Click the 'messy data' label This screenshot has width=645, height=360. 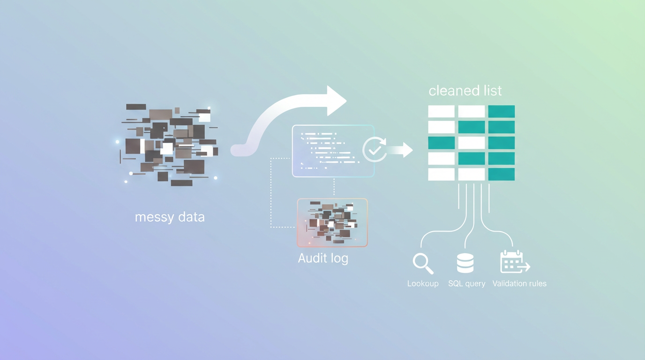pyautogui.click(x=170, y=217)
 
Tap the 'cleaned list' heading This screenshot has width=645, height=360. pyautogui.click(x=465, y=90)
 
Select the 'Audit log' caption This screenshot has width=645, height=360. pyautogui.click(x=323, y=258)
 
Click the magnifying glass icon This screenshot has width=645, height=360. pyautogui.click(x=423, y=263)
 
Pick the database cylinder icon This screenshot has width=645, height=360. pyautogui.click(x=465, y=263)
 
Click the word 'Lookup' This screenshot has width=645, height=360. pyautogui.click(x=423, y=284)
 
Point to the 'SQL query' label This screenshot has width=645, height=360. pyautogui.click(x=466, y=284)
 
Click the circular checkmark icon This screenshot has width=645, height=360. pyautogui.click(x=375, y=150)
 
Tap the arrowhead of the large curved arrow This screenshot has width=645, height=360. pyautogui.click(x=336, y=100)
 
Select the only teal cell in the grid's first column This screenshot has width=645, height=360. pyautogui.click(x=441, y=142)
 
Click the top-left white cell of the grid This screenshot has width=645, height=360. pyautogui.click(x=441, y=112)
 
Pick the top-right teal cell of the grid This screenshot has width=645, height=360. pyautogui.click(x=501, y=112)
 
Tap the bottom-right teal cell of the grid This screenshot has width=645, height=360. pyautogui.click(x=501, y=174)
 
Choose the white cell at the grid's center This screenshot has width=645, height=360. pyautogui.click(x=471, y=142)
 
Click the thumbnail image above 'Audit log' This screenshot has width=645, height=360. pyautogui.click(x=332, y=223)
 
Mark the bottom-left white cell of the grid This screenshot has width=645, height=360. pyautogui.click(x=441, y=174)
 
